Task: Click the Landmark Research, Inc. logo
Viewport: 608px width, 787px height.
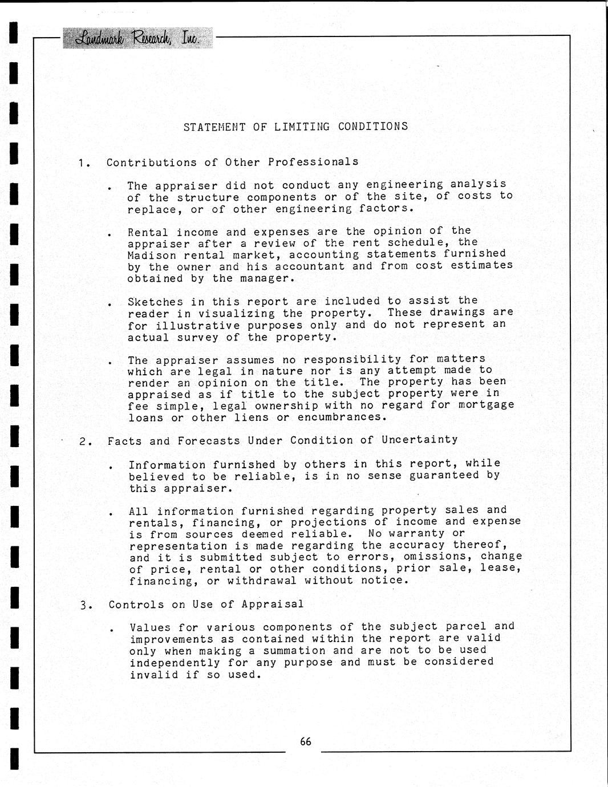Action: [137, 38]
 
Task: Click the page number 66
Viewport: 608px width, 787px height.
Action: [306, 741]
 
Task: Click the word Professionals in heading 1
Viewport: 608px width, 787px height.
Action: [313, 162]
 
